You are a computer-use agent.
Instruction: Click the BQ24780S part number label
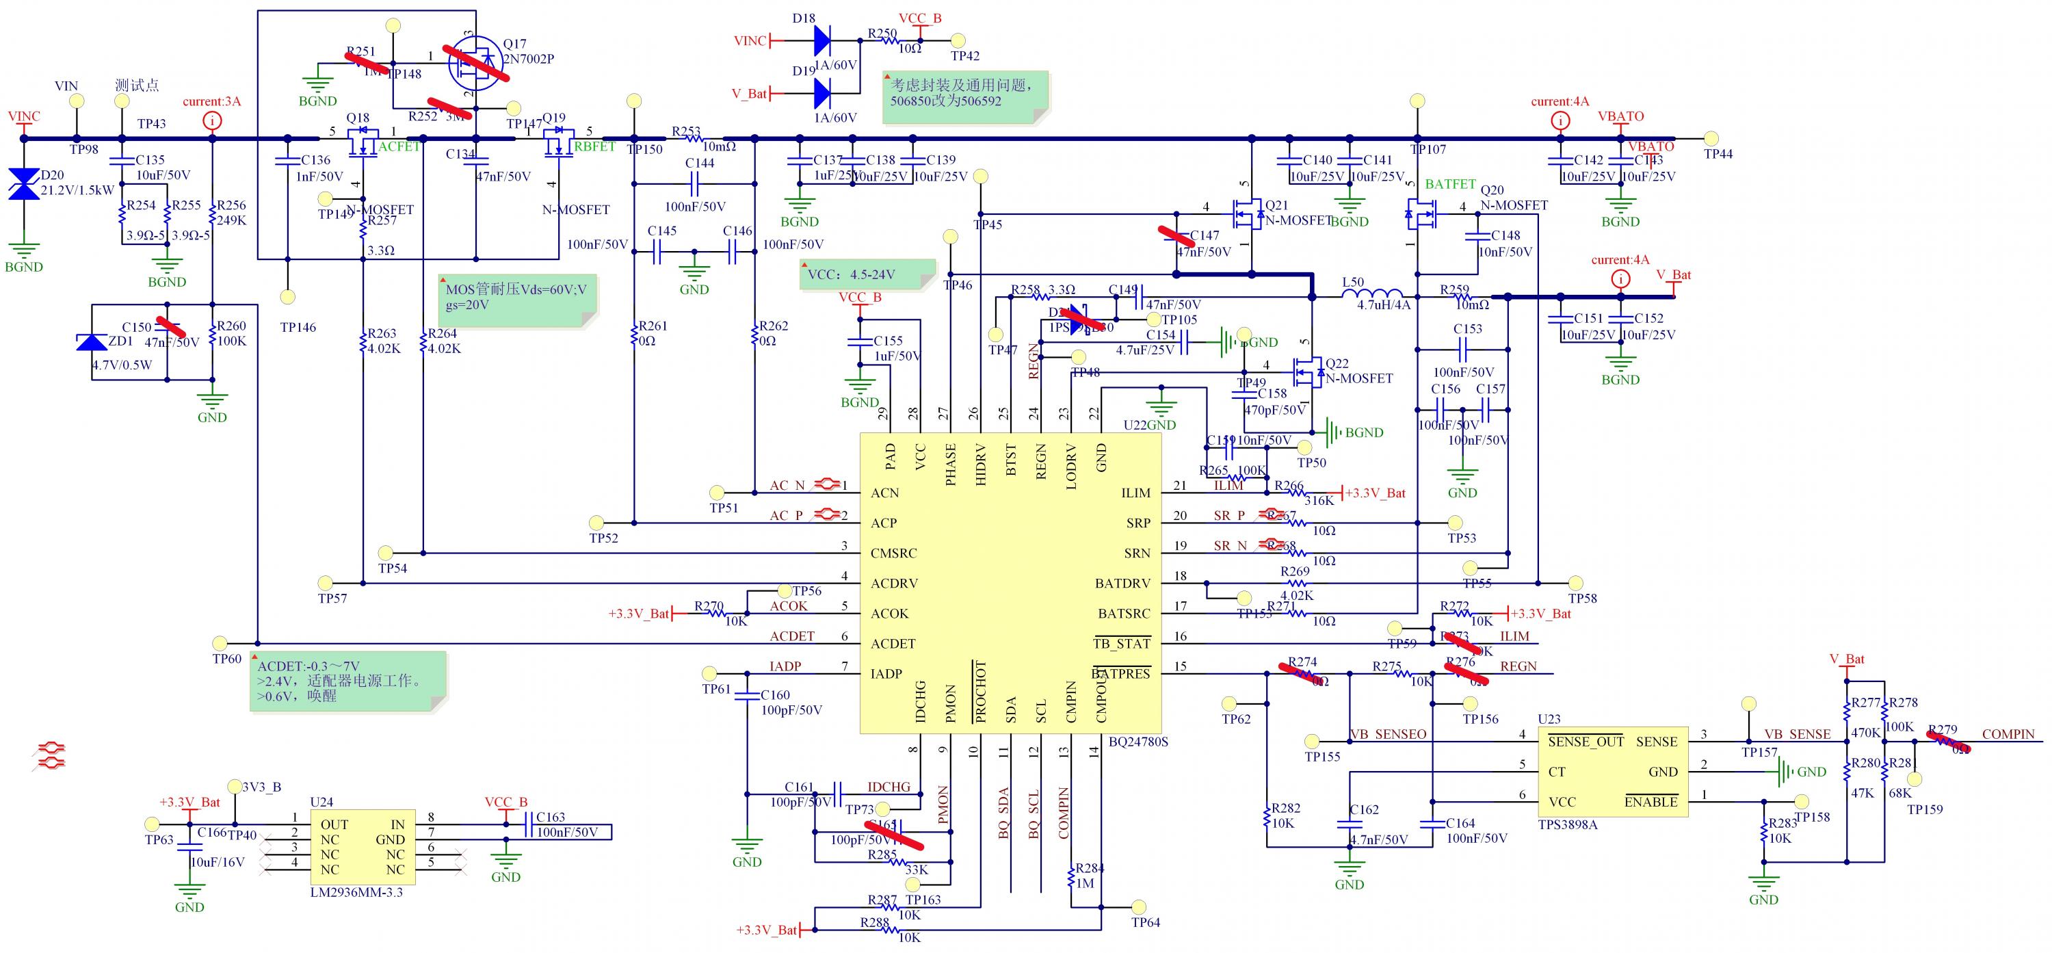pos(1138,742)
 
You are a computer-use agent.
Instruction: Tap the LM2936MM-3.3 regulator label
pos(356,892)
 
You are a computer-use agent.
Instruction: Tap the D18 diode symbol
pos(823,40)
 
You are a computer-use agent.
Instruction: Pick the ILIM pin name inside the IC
pos(1135,493)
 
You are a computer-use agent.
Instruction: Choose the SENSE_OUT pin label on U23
pos(1586,742)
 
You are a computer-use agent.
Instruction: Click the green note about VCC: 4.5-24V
pos(867,275)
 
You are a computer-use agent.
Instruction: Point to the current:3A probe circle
pos(212,121)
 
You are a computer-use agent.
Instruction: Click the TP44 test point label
pos(1718,154)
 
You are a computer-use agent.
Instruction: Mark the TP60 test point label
pos(227,659)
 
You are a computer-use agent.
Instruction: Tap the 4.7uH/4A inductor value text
pos(1384,305)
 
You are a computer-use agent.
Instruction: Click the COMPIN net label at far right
pos(2008,734)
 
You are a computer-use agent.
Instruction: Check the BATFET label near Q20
pos(1450,184)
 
